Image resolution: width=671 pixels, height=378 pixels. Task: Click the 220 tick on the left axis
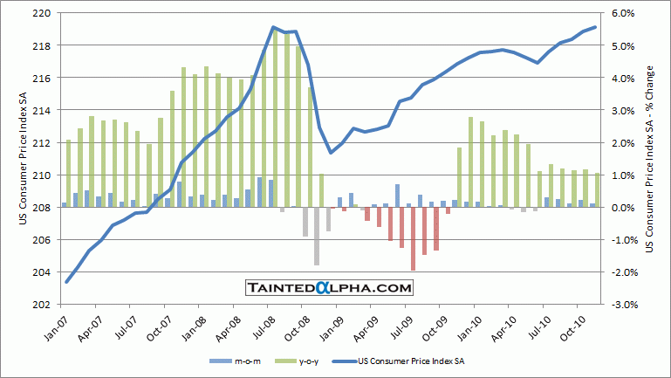click(x=38, y=13)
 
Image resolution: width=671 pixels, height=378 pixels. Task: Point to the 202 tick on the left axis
click(x=38, y=305)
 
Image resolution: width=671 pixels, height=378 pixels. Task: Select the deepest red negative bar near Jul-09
click(x=413, y=238)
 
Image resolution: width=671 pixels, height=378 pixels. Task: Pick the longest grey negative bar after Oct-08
click(x=317, y=236)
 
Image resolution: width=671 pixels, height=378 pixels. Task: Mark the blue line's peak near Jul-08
click(x=273, y=27)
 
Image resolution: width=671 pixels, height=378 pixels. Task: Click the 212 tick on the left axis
click(x=38, y=142)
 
